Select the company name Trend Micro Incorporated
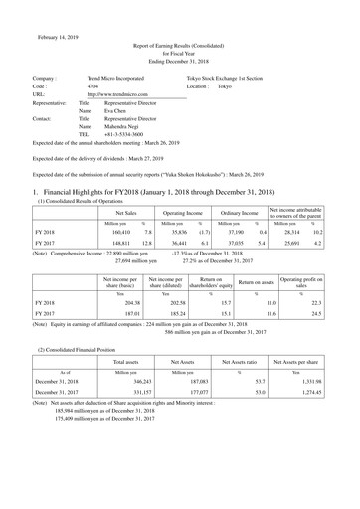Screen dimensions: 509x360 [x=123, y=77]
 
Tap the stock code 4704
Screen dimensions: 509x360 [x=93, y=86]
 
